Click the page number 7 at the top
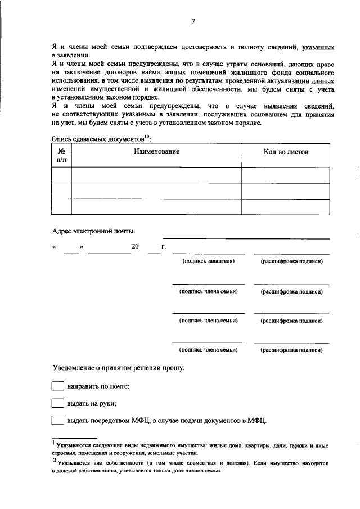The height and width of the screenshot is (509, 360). pos(193,22)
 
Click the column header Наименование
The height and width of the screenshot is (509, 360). pos(156,152)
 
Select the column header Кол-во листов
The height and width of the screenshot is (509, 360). pos(286,152)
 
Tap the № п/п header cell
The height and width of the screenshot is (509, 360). pos(61,156)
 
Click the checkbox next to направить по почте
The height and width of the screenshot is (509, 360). pos(58,386)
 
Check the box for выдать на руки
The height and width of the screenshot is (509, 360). pos(58,403)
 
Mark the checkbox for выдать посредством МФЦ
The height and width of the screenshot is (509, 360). pos(58,420)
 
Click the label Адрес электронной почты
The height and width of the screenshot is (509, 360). pos(93,231)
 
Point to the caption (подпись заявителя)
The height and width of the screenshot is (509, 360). pos(208,262)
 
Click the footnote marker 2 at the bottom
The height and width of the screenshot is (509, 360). pos(53,461)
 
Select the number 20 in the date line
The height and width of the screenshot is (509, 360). pos(135,246)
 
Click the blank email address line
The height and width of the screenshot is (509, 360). pos(246,238)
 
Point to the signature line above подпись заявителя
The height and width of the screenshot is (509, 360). pos(208,254)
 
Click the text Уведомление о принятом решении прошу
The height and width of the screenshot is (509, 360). pos(118,368)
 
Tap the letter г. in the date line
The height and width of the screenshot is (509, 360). pos(163,246)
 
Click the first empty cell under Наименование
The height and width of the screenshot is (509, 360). pos(156,175)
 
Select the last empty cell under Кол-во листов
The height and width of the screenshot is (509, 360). pos(286,207)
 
